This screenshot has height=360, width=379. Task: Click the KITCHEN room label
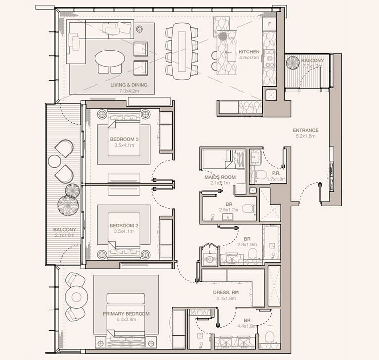tap(249, 51)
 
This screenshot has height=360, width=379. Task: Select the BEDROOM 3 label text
tap(124, 139)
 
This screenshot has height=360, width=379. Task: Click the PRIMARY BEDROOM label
tap(126, 313)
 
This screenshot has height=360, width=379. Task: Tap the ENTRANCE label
tap(305, 130)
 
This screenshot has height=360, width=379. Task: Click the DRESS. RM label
tap(225, 292)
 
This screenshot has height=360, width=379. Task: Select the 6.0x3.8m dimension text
tap(126, 320)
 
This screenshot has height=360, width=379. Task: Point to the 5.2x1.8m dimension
tap(305, 136)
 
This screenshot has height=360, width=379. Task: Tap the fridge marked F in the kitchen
tap(270, 24)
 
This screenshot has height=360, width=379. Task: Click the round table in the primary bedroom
tap(77, 297)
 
